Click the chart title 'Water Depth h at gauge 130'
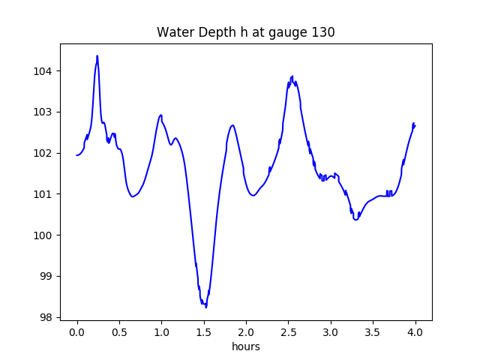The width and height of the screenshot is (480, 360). [245, 32]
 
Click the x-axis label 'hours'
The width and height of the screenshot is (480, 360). [245, 346]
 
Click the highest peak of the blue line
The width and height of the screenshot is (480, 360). [97, 56]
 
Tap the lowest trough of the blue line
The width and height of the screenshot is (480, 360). [205, 306]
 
